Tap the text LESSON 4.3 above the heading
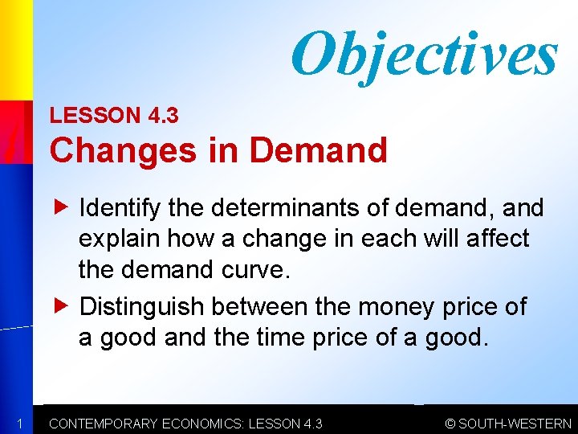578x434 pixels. [114, 115]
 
